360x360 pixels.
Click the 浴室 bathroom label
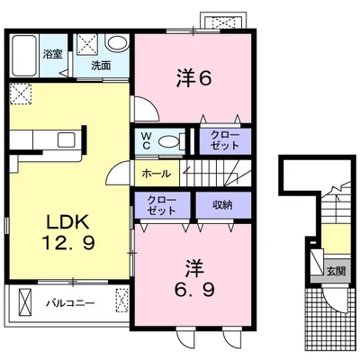pos(52,55)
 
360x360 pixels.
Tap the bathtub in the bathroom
pos(24,56)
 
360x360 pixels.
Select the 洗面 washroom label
pos(101,66)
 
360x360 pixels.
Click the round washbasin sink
pos(118,43)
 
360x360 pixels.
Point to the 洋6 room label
pos(193,79)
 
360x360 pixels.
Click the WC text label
pos(146,140)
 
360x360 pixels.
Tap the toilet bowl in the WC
pos(168,141)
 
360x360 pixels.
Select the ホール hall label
pos(156,174)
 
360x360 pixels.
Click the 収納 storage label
pos(222,205)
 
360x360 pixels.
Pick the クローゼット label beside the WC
pos(225,140)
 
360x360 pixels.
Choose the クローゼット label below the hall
pos(162,205)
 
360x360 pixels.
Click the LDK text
pos(67,222)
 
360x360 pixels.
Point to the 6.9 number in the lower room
pos(195,290)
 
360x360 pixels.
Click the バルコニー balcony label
pos(70,303)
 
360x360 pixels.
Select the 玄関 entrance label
pos(336,272)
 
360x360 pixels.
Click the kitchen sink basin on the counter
pos(67,139)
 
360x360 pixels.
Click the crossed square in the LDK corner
pos(21,94)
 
